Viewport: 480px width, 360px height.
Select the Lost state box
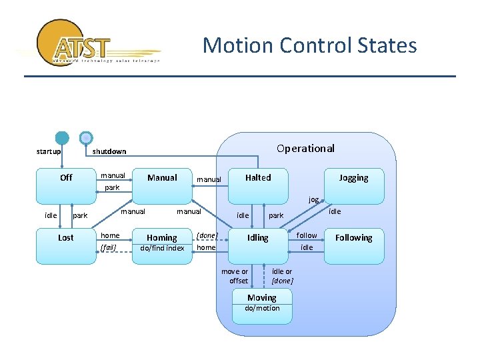click(66, 243)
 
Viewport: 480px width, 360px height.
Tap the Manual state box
click(162, 184)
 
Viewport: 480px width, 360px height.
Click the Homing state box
click(162, 243)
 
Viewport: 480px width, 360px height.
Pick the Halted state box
click(258, 184)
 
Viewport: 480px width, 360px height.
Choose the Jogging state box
click(353, 184)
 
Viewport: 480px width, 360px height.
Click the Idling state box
click(258, 243)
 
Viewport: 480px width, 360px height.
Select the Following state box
click(353, 243)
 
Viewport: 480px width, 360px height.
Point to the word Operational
click(305, 148)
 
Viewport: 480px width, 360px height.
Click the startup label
click(48, 151)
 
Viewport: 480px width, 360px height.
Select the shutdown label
click(109, 151)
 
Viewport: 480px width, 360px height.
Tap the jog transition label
click(313, 199)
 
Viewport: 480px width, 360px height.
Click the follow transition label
click(307, 235)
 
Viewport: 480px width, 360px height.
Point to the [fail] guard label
click(108, 247)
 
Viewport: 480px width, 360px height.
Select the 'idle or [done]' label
click(282, 276)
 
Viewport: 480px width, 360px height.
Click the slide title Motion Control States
click(309, 45)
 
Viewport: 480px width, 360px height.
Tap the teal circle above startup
click(62, 138)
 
